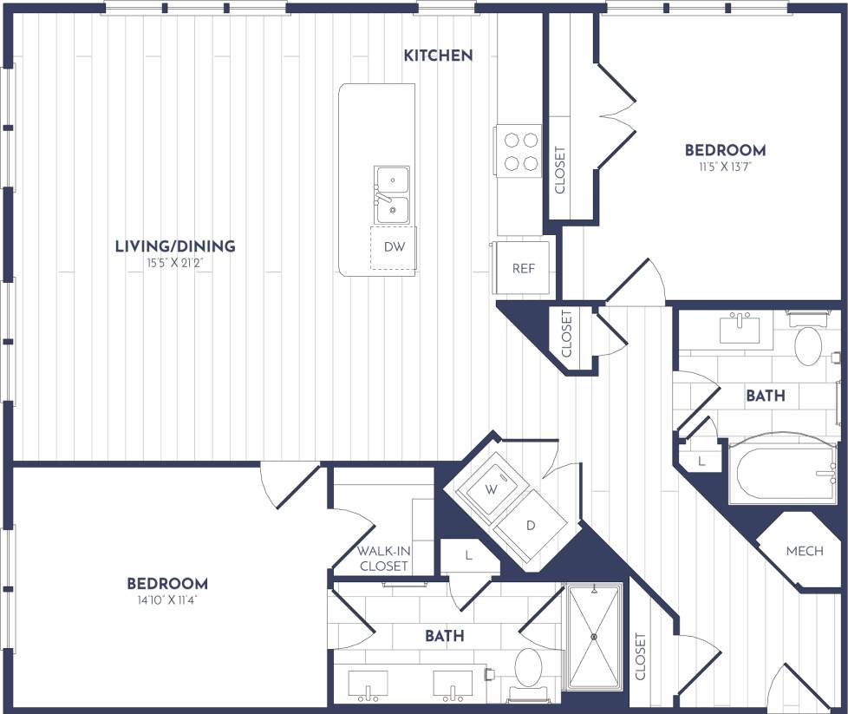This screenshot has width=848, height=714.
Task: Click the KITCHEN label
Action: tap(438, 56)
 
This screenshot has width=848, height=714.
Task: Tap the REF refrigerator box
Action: tap(523, 268)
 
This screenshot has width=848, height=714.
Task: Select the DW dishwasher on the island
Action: tap(394, 246)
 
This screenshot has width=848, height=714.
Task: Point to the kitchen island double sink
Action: tap(392, 195)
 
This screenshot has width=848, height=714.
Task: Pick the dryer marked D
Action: tap(531, 526)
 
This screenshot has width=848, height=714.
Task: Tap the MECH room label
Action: tap(804, 551)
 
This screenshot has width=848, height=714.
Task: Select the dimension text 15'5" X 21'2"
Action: tap(176, 263)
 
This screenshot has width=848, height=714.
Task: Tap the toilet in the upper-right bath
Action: tap(808, 345)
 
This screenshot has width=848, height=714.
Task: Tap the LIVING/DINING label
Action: tap(175, 246)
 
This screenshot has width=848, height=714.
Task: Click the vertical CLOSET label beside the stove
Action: tap(559, 170)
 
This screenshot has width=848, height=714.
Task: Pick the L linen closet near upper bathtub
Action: tap(700, 460)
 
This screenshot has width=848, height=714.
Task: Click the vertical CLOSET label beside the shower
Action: tap(640, 658)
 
